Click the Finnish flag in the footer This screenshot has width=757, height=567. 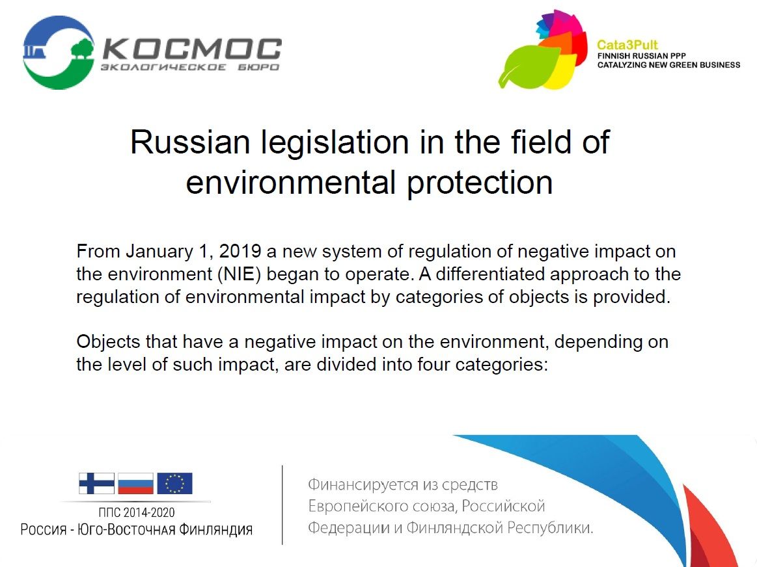[x=97, y=483]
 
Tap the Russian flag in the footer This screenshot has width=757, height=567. [x=135, y=483]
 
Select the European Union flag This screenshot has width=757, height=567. [x=174, y=483]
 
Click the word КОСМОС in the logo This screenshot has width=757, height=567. [x=192, y=49]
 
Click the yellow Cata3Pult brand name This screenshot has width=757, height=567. [x=627, y=45]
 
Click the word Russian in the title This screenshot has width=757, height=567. [x=190, y=142]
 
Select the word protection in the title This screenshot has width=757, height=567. [x=480, y=184]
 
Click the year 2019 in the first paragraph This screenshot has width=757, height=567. [x=240, y=251]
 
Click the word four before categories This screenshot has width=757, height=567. [x=434, y=364]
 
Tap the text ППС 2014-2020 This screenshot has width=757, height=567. [x=137, y=512]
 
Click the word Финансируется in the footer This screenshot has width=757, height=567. [x=363, y=484]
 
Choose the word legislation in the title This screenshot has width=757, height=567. [x=335, y=143]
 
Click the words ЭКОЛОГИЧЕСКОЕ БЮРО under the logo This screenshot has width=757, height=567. [x=190, y=67]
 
